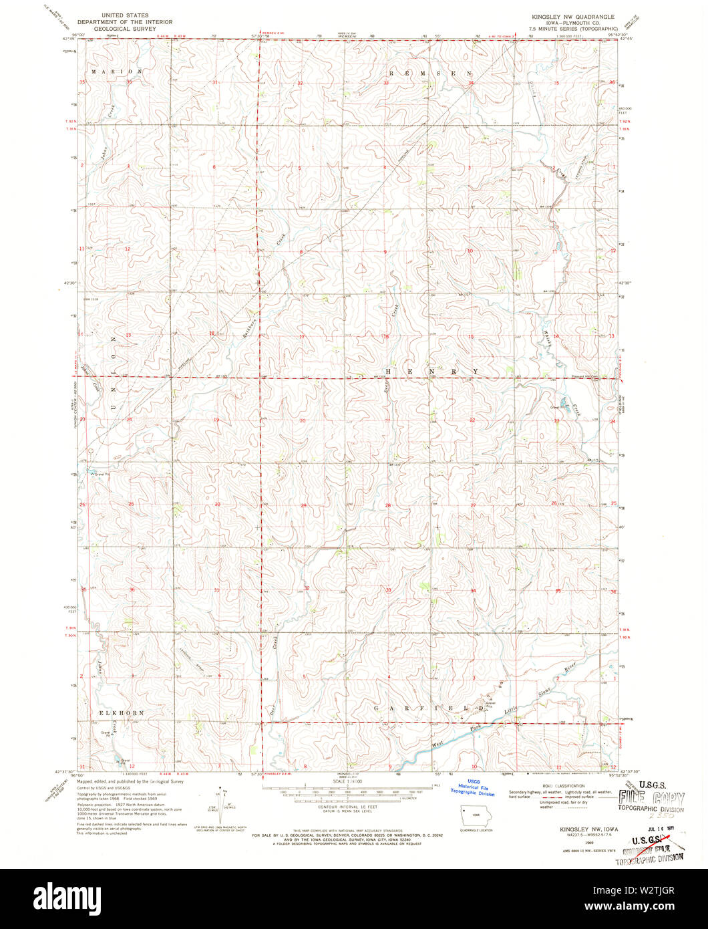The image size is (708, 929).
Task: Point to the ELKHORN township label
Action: point(122,713)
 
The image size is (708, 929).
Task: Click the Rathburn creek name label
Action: point(254,320)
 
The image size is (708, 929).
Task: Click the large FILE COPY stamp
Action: point(651,797)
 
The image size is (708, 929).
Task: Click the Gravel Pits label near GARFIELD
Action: point(490,704)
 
